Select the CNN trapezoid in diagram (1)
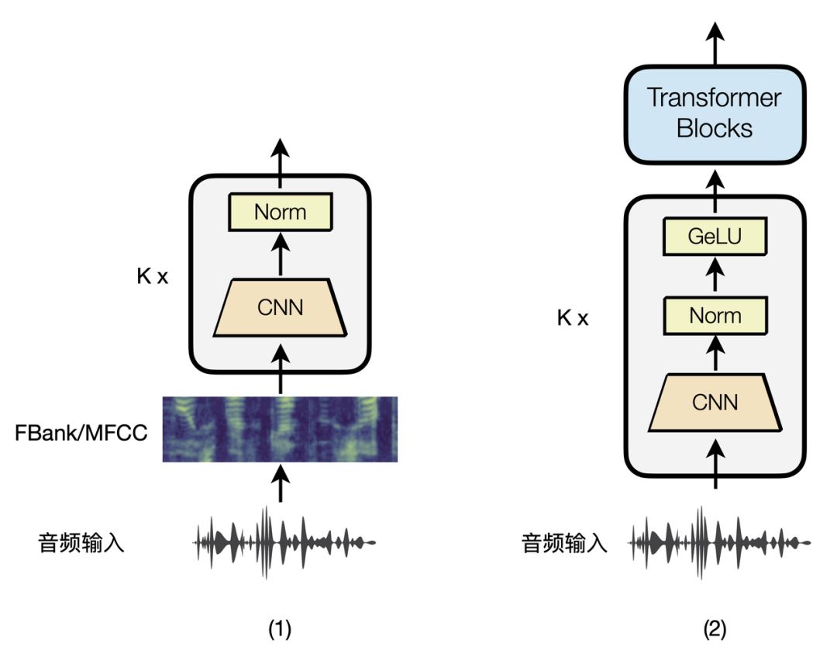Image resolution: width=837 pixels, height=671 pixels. [x=280, y=308]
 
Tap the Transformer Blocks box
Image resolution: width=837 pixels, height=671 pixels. [x=714, y=114]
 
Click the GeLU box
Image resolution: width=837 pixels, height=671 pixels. [x=715, y=237]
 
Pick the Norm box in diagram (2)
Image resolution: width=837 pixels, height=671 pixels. [x=715, y=316]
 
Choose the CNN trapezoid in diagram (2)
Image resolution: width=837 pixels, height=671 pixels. [x=715, y=402]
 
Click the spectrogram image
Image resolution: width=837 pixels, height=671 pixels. [x=280, y=429]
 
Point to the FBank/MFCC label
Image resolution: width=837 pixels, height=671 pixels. [x=81, y=433]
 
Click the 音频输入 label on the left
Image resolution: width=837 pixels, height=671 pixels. [x=81, y=542]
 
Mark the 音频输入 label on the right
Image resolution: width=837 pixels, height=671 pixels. [x=564, y=542]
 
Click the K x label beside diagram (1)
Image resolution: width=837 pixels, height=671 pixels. [x=151, y=277]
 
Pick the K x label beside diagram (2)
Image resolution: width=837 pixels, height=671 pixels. [x=573, y=318]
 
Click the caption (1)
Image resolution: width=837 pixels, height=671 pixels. [x=280, y=630]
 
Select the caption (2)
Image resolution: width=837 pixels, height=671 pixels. [x=715, y=630]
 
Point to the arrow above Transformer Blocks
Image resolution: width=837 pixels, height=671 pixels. [x=715, y=43]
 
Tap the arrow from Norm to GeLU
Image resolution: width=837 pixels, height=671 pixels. [x=715, y=275]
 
